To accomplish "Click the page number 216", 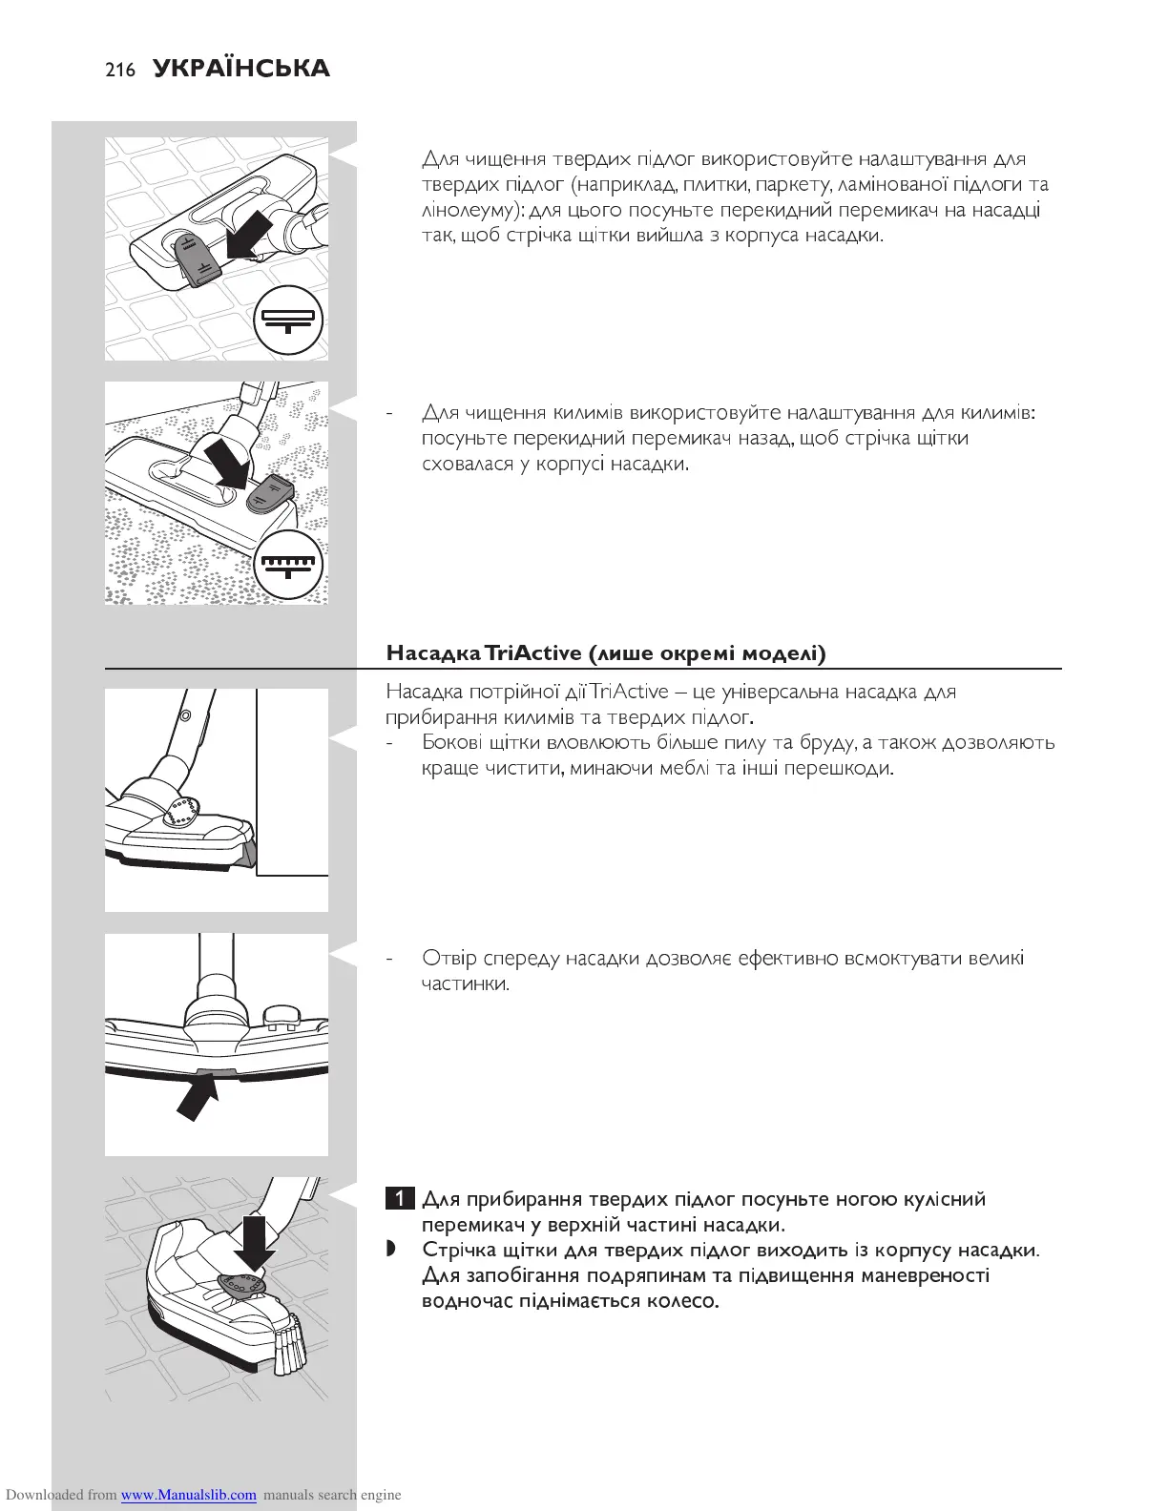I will click(120, 70).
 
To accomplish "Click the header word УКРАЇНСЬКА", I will click(240, 69).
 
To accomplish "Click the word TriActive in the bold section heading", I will click(532, 653).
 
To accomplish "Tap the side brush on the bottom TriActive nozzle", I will click(289, 1346).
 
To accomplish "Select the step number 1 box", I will click(400, 1199).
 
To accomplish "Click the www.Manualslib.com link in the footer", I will click(188, 1495).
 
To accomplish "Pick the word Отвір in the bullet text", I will click(449, 958).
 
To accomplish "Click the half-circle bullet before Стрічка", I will click(390, 1251).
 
